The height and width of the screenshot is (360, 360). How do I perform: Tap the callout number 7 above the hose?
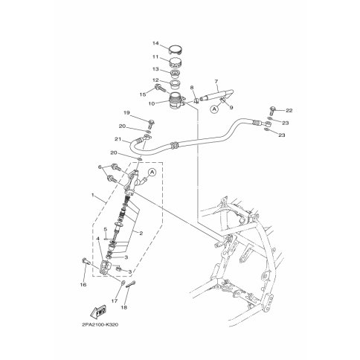(x=216, y=81)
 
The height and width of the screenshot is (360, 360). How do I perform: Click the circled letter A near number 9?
(x=215, y=109)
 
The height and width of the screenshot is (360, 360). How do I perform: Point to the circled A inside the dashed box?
(x=152, y=172)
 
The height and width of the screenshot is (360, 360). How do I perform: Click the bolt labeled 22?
(x=272, y=110)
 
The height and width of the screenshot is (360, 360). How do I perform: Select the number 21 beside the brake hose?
(x=118, y=139)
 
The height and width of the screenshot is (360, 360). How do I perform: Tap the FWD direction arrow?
(x=99, y=311)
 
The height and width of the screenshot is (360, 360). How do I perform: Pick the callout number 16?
(x=83, y=285)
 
